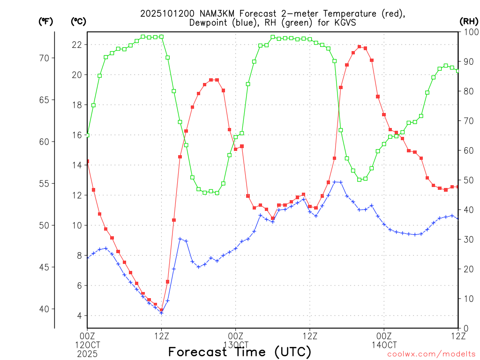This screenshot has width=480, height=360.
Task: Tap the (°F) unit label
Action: pos(45,22)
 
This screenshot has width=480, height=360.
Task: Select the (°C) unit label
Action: pos(78,22)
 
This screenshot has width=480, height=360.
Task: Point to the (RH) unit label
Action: pos(468,22)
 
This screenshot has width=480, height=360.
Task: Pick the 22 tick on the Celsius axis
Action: pos(76,45)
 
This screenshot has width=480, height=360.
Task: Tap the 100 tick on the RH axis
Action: pos(470,32)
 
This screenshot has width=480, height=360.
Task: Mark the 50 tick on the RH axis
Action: pos(468,180)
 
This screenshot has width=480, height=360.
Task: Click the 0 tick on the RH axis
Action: pos(465,328)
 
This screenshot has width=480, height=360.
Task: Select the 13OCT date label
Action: pos(235,345)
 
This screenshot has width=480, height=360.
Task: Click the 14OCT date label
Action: pos(384,345)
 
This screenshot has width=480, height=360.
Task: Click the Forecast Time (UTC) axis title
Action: pos(240,352)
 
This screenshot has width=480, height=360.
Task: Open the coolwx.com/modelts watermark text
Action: pos(431,354)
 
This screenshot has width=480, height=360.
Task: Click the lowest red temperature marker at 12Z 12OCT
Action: pos(161,310)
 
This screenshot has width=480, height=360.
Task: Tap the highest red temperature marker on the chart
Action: pos(359,46)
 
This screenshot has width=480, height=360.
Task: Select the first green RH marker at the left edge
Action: pos(87,135)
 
